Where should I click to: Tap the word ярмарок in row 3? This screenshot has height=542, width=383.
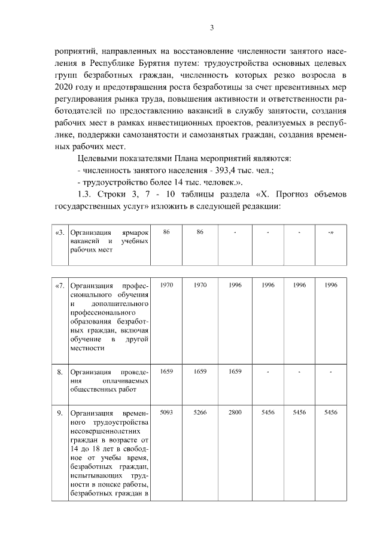[x=135, y=232]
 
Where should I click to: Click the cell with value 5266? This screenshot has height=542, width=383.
[x=200, y=413]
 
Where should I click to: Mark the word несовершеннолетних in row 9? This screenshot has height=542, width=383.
[x=105, y=431]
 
